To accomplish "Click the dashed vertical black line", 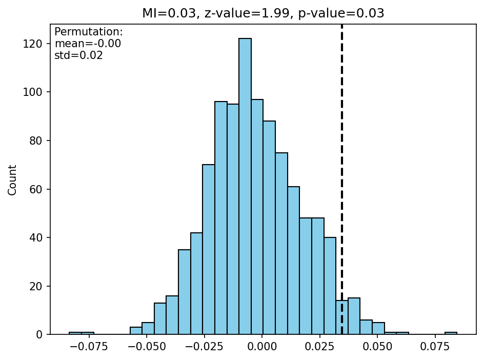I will [342, 154].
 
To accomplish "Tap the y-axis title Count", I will [13, 180].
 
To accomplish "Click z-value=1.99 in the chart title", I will [244, 13].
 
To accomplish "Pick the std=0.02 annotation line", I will [78, 55].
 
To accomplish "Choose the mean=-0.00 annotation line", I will [88, 44].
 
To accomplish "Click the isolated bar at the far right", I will [451, 333].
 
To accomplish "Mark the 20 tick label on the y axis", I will [39, 286].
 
